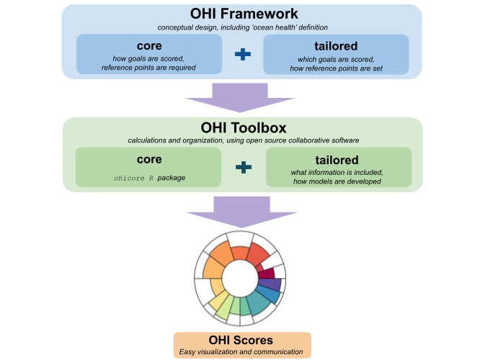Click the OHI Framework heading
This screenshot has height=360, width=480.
243,13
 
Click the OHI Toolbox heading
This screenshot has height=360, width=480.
243,127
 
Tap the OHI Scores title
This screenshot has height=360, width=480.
241,340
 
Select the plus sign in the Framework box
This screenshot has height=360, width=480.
242,55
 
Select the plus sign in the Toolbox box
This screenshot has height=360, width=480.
244,168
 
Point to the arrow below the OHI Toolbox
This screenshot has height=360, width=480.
240,210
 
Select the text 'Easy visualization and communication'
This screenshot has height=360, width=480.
241,352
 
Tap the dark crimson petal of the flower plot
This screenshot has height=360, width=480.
267,273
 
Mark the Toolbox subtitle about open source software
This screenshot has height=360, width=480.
243,139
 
